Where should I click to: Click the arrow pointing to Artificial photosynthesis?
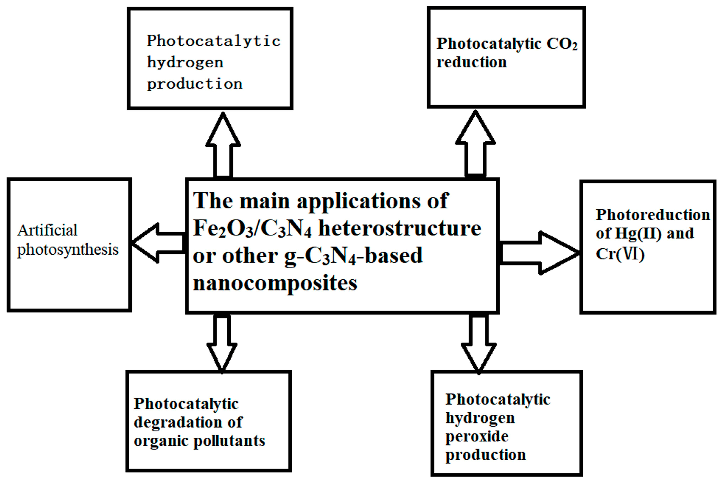click(157, 243)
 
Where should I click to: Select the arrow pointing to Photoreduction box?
click(540, 253)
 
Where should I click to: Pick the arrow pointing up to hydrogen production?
click(223, 145)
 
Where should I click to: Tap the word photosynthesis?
click(67, 249)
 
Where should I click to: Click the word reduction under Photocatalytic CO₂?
click(471, 62)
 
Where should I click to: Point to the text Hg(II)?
click(638, 233)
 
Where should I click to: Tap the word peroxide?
click(477, 436)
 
